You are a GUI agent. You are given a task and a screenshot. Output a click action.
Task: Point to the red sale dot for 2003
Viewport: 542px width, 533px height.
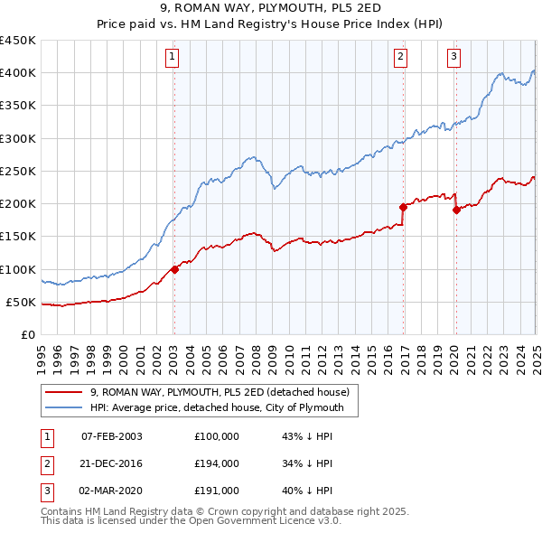click(174, 269)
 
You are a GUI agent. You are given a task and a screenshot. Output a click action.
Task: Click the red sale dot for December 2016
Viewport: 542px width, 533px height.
click(403, 207)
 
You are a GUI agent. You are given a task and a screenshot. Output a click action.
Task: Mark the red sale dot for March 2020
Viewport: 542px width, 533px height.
click(456, 210)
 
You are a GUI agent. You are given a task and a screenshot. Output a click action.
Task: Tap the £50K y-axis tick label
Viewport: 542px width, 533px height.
click(22, 302)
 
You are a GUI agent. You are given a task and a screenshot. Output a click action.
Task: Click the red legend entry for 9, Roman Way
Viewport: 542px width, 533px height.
click(225, 392)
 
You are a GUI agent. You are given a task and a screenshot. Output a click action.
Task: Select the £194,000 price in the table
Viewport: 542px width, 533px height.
click(217, 463)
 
